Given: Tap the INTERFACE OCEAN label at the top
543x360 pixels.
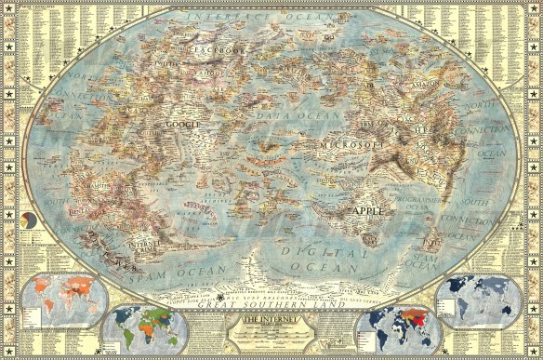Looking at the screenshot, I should pos(271,18).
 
